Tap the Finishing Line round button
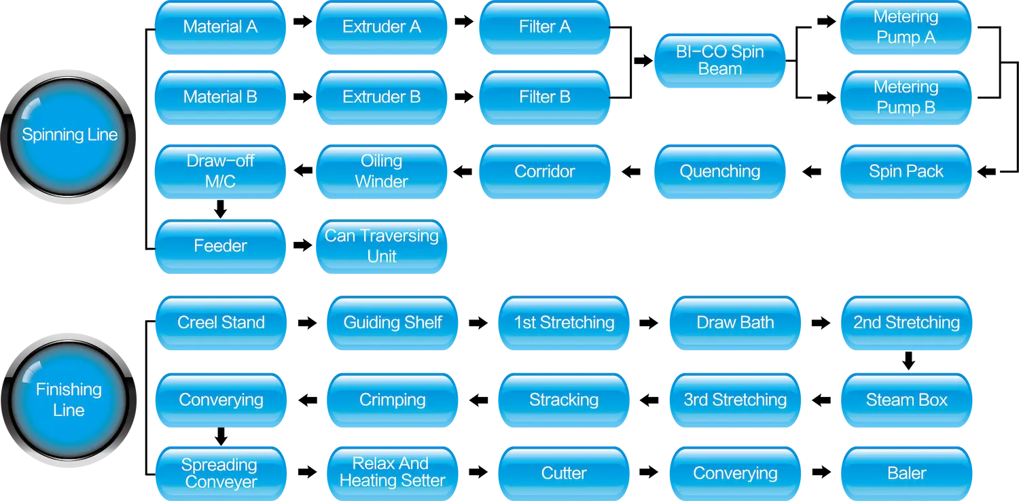pyautogui.click(x=68, y=400)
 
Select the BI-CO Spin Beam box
pyautogui.click(x=719, y=61)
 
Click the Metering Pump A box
pyautogui.click(x=906, y=27)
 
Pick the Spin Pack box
pyautogui.click(x=906, y=171)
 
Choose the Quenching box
pyautogui.click(x=719, y=171)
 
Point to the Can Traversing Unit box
pyautogui.click(x=381, y=246)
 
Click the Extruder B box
pyautogui.click(x=381, y=97)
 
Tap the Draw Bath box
pyautogui.click(x=735, y=323)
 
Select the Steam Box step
pyautogui.click(x=907, y=400)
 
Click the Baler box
pyautogui.click(x=907, y=473)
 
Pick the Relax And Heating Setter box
pyautogui.click(x=392, y=473)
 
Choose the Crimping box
pyautogui.click(x=392, y=400)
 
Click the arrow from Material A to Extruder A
pyautogui.click(x=302, y=21)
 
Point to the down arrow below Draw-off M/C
pyautogui.click(x=221, y=209)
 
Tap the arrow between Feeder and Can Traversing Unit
pyautogui.click(x=302, y=245)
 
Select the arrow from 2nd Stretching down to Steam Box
pyautogui.click(x=908, y=360)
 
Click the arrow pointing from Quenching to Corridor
pyautogui.click(x=631, y=171)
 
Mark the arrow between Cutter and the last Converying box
pyautogui.click(x=649, y=472)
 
